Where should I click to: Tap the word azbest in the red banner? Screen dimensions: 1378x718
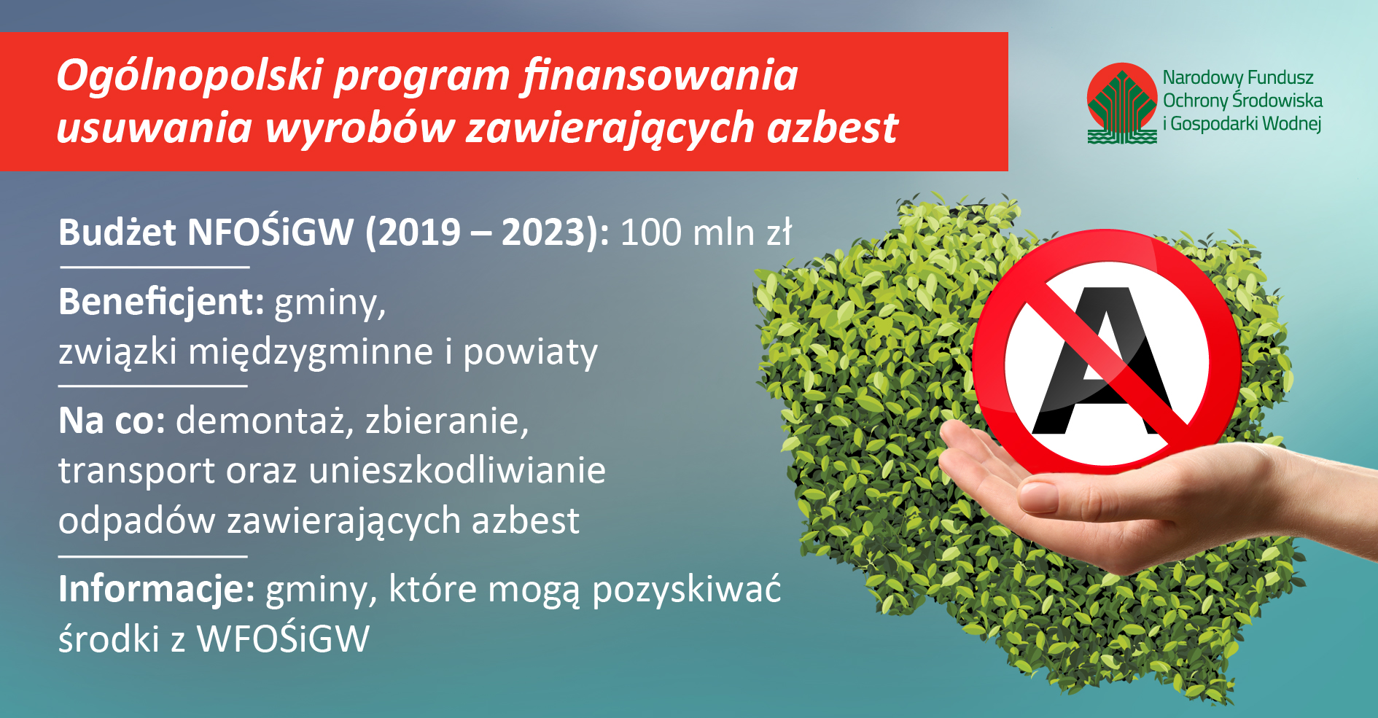coord(832,128)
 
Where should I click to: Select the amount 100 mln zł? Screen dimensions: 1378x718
coord(706,233)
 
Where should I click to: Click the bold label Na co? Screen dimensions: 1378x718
coord(112,421)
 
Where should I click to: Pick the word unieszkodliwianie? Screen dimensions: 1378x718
coord(458,470)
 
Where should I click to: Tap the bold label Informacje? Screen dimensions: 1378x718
coord(157,589)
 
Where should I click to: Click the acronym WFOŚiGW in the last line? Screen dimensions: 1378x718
coord(283,639)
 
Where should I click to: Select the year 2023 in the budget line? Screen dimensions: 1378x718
coord(544,233)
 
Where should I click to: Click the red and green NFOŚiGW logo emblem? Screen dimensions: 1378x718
coord(1122,104)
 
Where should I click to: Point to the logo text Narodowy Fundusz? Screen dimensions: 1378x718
coord(1238,77)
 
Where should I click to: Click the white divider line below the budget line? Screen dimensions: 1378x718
coord(155,268)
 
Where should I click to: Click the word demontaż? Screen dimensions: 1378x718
coord(260,421)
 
